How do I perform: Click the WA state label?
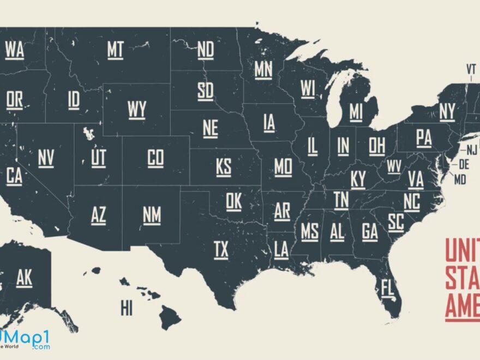pos(15,50)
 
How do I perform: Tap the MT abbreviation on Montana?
pos(115,50)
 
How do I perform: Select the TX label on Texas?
pos(221,250)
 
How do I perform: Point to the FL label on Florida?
pos(387,288)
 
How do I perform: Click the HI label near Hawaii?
pos(127,309)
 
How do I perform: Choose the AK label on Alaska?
pos(24,278)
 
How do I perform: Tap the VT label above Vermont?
pos(471,69)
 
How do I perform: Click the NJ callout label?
pos(472,149)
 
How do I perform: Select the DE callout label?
pos(464,163)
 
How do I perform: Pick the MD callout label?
pos(460,179)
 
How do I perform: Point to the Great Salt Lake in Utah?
pos(88,133)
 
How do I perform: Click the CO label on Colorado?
pos(155,158)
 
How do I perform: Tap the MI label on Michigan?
pos(356,112)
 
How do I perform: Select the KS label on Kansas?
pos(224,167)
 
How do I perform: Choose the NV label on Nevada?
pos(46,158)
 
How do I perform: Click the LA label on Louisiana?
pos(281,250)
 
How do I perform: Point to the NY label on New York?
pos(447,112)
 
